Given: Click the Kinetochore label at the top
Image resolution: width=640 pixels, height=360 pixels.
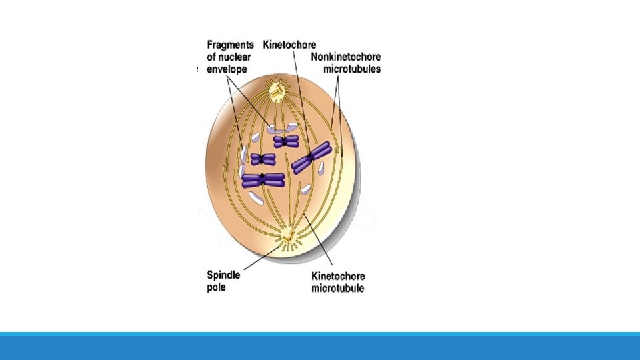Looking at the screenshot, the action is click(x=289, y=45).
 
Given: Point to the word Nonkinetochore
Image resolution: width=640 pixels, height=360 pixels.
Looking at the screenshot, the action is click(x=346, y=57).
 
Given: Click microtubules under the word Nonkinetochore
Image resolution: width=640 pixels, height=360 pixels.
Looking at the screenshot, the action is click(x=352, y=69).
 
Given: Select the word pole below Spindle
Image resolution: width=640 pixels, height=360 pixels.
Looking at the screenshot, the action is click(x=217, y=288).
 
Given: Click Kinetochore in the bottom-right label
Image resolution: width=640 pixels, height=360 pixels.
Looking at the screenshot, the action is click(x=338, y=277).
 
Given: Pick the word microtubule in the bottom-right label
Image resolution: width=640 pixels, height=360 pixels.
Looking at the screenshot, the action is click(x=337, y=289).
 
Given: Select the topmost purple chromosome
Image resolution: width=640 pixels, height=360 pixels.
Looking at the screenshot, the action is click(x=286, y=141).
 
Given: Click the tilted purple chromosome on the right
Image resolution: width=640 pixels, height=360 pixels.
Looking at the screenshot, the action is click(x=311, y=157).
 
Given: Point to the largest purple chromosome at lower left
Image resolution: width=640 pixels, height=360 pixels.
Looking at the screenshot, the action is click(x=263, y=179).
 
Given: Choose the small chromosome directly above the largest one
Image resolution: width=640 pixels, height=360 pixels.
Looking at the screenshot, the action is click(x=263, y=159).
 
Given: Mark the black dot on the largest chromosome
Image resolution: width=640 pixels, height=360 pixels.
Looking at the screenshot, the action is click(x=263, y=177).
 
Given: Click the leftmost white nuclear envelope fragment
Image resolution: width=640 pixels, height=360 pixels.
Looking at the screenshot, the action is click(x=245, y=155).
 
